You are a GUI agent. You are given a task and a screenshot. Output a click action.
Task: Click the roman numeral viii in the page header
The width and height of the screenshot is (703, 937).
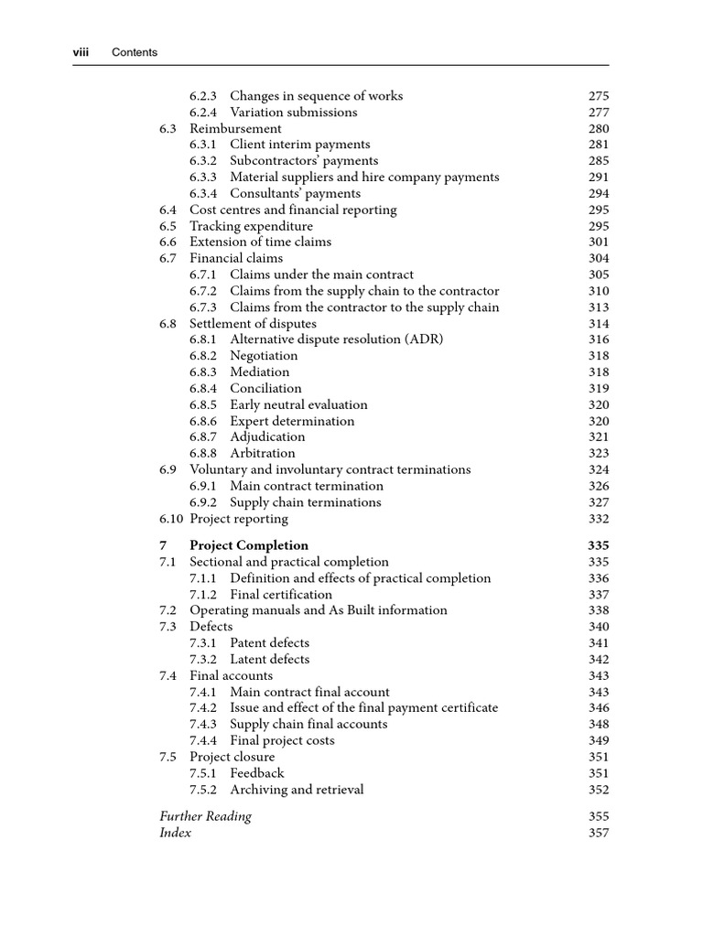click(x=81, y=52)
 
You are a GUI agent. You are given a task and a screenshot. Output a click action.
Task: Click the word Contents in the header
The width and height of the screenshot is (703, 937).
click(x=135, y=52)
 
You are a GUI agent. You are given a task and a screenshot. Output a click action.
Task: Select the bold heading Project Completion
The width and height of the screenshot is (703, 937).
click(x=249, y=545)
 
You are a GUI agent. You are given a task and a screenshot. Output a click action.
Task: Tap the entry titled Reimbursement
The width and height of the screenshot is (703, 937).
click(x=235, y=129)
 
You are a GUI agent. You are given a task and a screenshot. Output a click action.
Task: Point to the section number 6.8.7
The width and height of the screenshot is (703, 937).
click(x=202, y=437)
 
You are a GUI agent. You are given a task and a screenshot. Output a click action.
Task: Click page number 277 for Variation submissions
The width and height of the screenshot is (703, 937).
click(x=599, y=113)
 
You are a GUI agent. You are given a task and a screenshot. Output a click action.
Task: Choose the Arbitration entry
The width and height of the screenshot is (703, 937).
click(x=263, y=454)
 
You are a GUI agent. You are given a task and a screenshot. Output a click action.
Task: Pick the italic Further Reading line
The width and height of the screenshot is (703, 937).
click(x=205, y=816)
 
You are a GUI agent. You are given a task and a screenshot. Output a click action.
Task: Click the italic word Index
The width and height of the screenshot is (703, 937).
click(x=175, y=833)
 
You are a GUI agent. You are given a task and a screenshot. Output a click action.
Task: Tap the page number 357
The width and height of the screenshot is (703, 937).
click(x=599, y=833)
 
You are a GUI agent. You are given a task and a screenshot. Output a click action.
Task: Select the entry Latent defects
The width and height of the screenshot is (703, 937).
click(x=269, y=660)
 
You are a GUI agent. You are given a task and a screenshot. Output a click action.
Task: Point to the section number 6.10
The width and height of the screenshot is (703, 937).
click(x=171, y=519)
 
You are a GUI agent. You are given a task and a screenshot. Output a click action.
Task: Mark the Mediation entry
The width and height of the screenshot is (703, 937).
click(x=259, y=372)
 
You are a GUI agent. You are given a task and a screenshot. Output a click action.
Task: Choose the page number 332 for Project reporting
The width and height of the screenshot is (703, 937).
click(x=599, y=519)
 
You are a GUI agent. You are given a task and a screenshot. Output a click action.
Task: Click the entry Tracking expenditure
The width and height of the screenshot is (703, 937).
click(x=251, y=226)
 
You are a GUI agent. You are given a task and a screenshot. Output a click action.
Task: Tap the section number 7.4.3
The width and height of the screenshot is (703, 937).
click(x=202, y=725)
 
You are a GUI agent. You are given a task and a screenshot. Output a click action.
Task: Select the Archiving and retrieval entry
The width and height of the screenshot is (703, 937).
click(x=297, y=790)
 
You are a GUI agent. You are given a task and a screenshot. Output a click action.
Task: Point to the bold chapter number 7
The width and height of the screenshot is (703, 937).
click(x=163, y=545)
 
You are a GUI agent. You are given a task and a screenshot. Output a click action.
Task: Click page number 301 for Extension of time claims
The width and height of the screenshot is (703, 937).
click(x=599, y=242)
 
